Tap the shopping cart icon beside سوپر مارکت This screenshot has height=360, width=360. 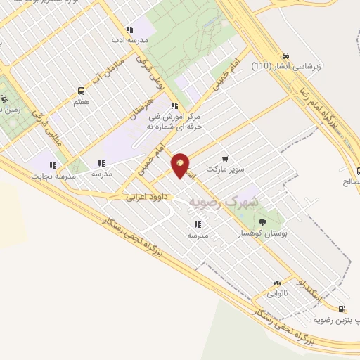224,159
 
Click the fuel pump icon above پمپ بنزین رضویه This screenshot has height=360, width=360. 342,309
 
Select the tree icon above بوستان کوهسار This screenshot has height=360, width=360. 262,223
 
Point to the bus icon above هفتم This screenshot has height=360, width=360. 81,91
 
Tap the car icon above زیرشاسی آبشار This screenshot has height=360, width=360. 285,56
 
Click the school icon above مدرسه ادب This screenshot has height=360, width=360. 129,30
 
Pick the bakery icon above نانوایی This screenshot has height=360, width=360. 278,281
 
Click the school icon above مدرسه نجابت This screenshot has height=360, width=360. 53,165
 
